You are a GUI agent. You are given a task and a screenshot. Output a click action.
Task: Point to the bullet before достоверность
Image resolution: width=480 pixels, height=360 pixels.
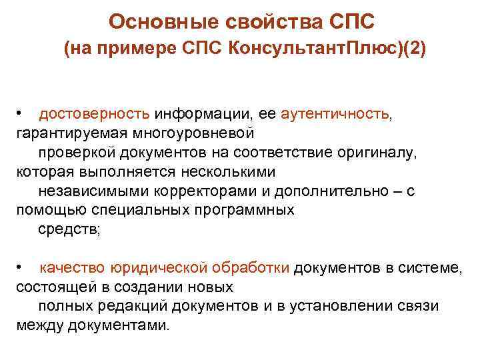pos(21,114)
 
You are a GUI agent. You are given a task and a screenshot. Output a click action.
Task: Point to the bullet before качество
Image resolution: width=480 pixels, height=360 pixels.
pos(21,268)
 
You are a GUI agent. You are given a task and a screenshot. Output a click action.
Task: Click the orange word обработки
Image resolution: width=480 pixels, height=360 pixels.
pos(252,268)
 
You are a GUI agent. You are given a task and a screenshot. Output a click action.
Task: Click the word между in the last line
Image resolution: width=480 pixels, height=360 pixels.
pos(37,326)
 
